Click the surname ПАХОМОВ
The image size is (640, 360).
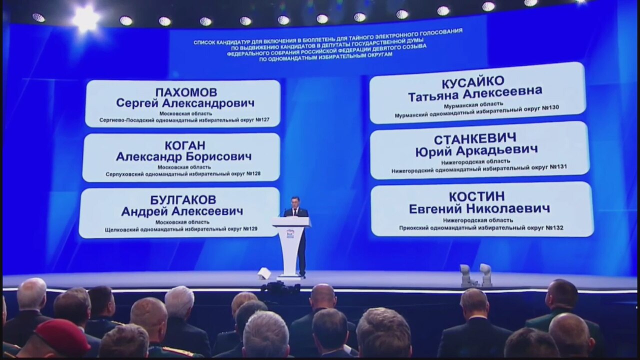tap(186, 92)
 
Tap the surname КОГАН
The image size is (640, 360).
tap(185, 145)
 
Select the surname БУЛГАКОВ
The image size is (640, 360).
tap(183, 200)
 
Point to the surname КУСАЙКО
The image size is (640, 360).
tap(473, 82)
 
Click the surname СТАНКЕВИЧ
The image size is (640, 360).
tap(475, 139)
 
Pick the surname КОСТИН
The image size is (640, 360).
tap(477, 197)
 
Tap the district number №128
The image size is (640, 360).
tap(253, 173)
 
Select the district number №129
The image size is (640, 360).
tap(250, 229)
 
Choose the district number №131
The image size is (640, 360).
tap(558, 166)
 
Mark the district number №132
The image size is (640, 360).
tap(554, 227)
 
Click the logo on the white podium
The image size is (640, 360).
tap(290, 233)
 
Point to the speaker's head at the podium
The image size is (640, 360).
tap(295, 202)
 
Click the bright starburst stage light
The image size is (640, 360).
tap(85, 18)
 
